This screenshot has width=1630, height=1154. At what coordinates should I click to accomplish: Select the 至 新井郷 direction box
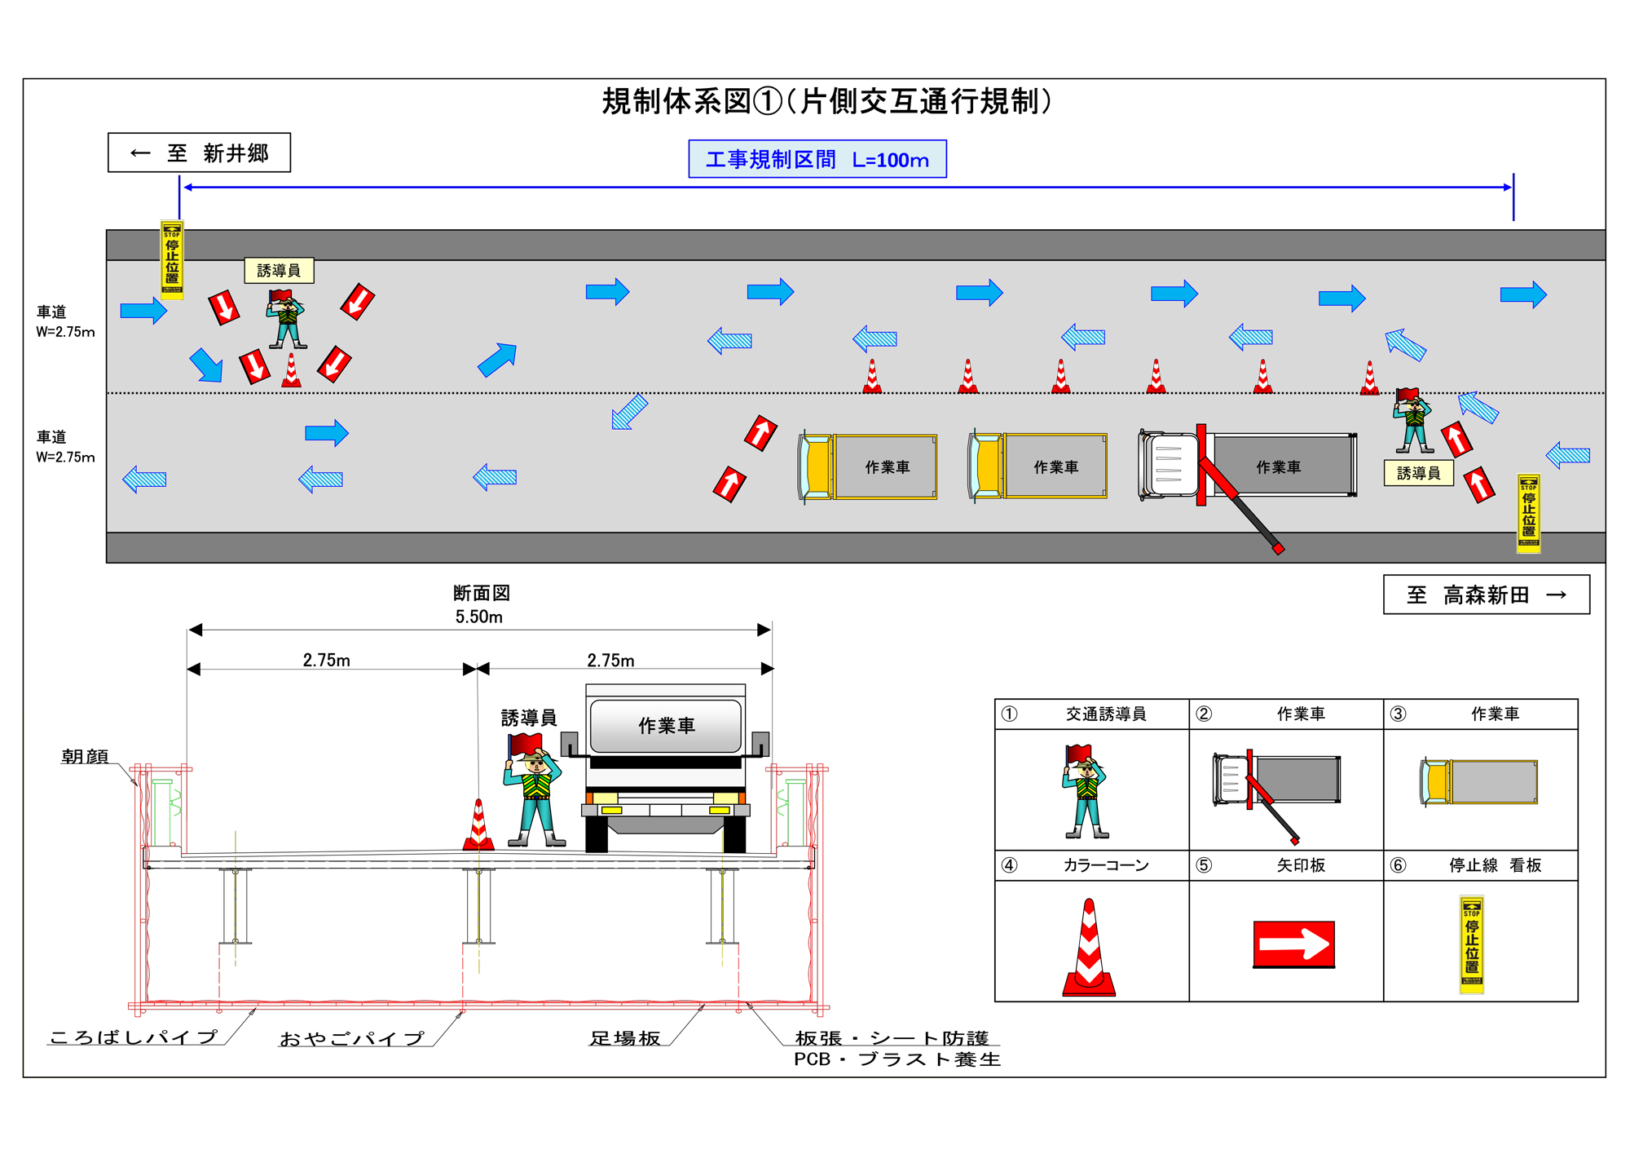pyautogui.click(x=199, y=153)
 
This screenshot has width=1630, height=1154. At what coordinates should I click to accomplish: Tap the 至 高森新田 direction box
pyautogui.click(x=1486, y=595)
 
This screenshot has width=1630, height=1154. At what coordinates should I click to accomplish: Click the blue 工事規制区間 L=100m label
pyautogui.click(x=817, y=159)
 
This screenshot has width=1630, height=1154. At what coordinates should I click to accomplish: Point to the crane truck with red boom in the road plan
pyautogui.click(x=1247, y=466)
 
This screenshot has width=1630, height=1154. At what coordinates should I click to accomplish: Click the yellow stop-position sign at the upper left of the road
pyautogui.click(x=172, y=259)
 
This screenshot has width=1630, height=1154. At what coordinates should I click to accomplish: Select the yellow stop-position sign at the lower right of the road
pyautogui.click(x=1528, y=513)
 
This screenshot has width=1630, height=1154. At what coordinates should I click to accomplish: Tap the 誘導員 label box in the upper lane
pyautogui.click(x=279, y=270)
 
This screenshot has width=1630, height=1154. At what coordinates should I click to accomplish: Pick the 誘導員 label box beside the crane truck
pyautogui.click(x=1418, y=473)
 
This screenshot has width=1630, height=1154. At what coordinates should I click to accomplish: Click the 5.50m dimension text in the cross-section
pyautogui.click(x=478, y=617)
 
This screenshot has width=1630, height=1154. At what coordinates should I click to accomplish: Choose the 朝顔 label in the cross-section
pyautogui.click(x=85, y=756)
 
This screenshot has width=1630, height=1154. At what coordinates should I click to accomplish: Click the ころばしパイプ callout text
pyautogui.click(x=134, y=1037)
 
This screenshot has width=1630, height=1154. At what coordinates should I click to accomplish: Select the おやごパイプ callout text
pyautogui.click(x=351, y=1038)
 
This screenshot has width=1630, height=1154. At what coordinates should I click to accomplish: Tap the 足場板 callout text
pyautogui.click(x=624, y=1038)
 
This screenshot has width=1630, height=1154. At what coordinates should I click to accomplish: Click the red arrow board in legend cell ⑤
pyautogui.click(x=1293, y=944)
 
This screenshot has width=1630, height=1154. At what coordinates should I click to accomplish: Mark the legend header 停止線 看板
pyautogui.click(x=1495, y=865)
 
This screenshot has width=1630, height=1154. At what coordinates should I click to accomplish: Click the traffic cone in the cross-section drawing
pyautogui.click(x=478, y=826)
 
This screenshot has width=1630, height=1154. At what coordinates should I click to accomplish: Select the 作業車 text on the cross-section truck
pyautogui.click(x=666, y=725)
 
